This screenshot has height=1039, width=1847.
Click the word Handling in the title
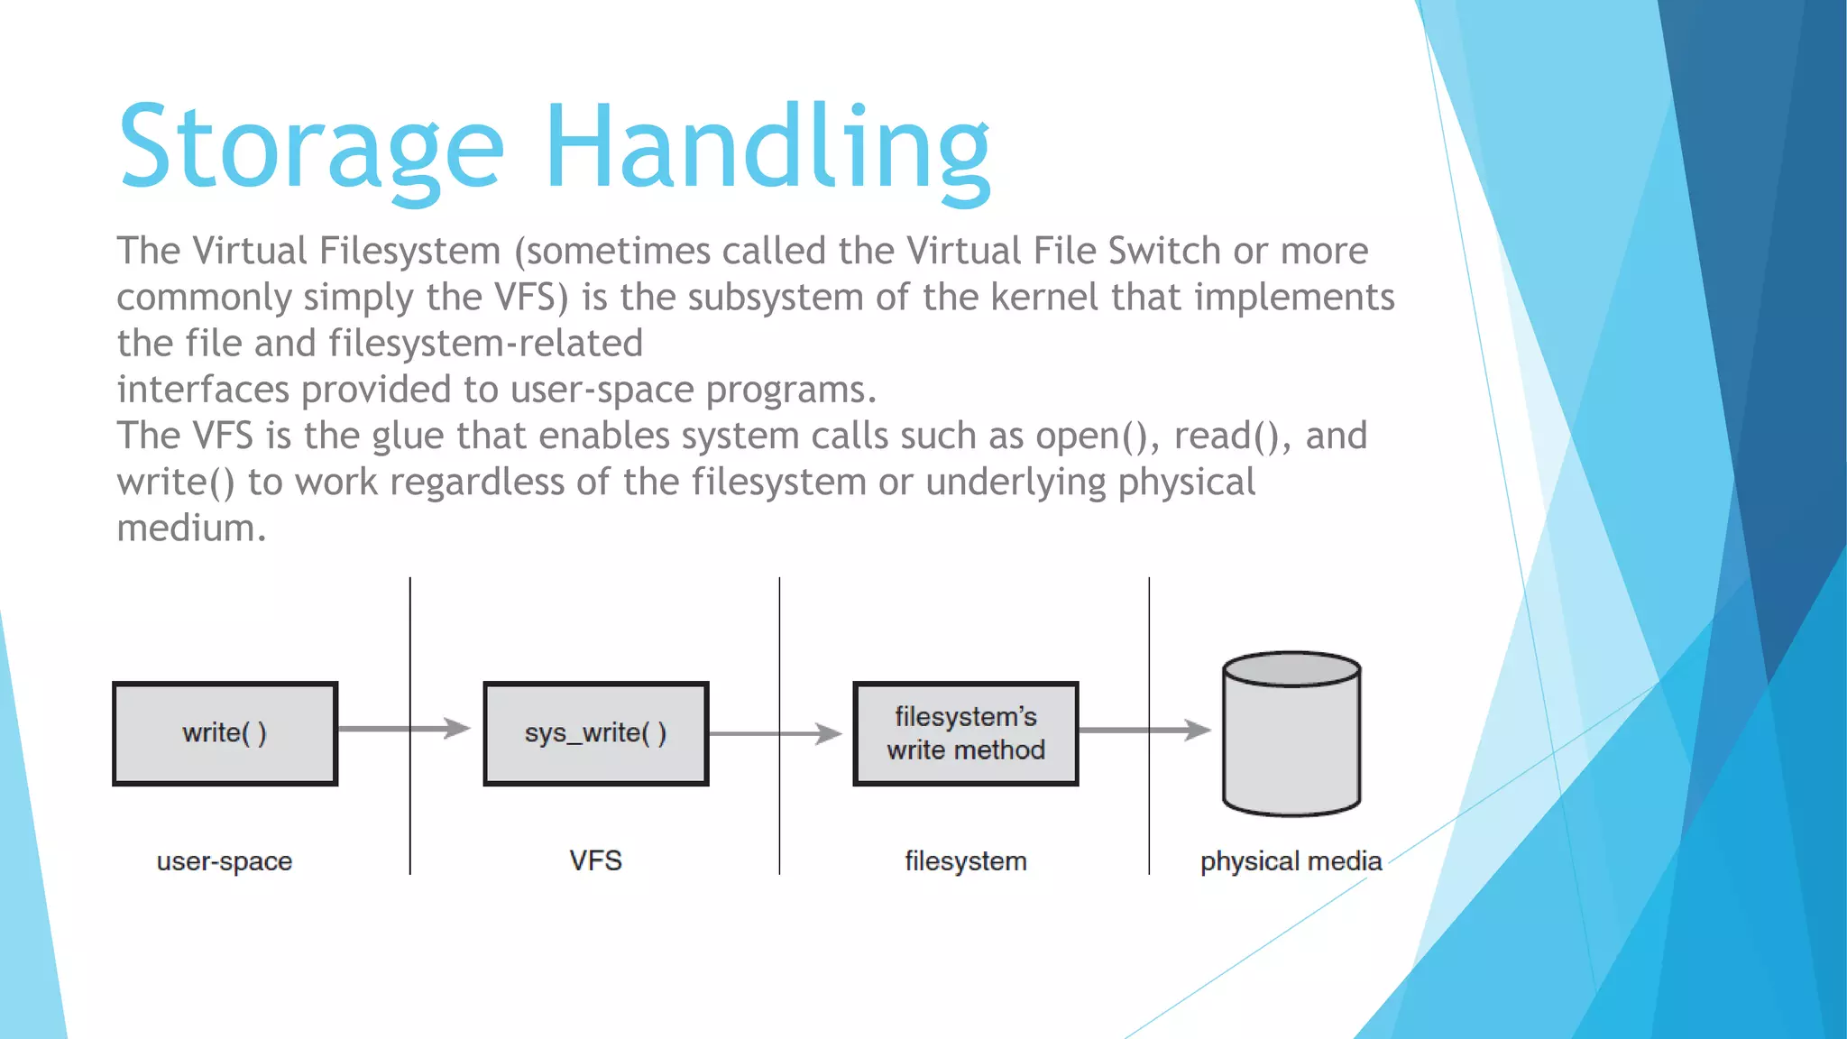(x=767, y=149)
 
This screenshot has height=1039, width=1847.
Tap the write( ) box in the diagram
(x=225, y=733)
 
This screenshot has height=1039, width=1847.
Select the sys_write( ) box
(x=595, y=733)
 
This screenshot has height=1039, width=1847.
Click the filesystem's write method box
(x=965, y=733)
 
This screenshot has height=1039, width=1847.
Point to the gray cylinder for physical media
(x=1291, y=734)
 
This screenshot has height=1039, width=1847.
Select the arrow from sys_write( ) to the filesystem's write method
(x=775, y=733)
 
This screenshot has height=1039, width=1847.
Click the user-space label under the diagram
(x=225, y=861)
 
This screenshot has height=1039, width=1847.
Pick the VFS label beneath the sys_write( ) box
(x=595, y=860)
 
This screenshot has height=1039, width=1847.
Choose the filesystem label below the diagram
(x=965, y=861)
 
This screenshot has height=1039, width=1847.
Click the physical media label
(x=1291, y=861)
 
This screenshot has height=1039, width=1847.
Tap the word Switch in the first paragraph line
(x=1164, y=251)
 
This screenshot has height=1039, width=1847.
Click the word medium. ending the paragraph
(x=191, y=529)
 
